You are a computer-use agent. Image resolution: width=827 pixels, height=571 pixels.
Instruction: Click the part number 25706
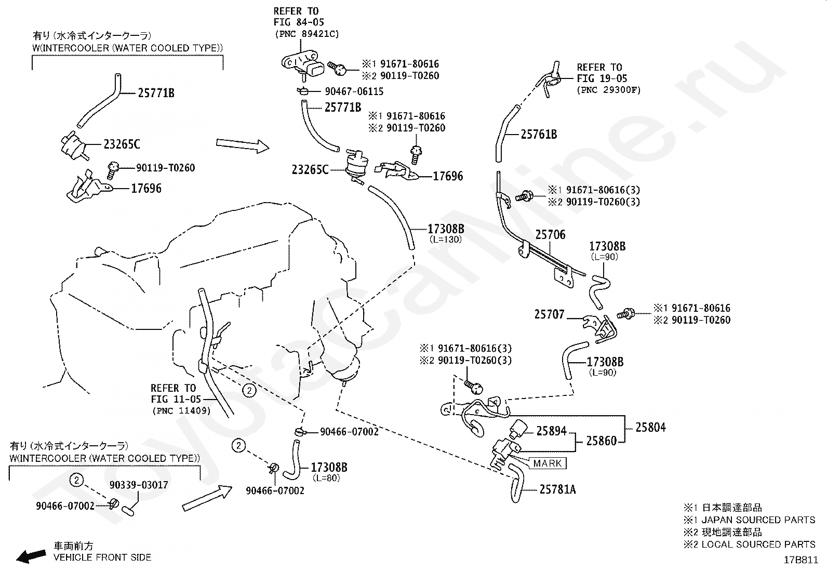[x=550, y=235]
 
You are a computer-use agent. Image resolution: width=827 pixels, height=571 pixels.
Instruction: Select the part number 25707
[x=549, y=314]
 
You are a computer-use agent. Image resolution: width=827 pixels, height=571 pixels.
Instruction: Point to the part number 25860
[x=602, y=441]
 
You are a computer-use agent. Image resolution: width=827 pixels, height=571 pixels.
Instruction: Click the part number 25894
[x=552, y=431]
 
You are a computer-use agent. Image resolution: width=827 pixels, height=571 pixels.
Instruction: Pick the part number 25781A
[x=557, y=489]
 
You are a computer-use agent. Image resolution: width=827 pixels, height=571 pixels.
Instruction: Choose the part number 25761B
[x=539, y=135]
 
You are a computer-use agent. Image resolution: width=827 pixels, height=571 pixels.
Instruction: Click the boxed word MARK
[x=548, y=463]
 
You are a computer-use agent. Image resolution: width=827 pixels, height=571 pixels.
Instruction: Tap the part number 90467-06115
[x=354, y=91]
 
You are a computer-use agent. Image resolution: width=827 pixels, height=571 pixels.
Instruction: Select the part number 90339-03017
[x=139, y=485]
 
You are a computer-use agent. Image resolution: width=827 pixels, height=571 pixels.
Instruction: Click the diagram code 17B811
[x=802, y=560]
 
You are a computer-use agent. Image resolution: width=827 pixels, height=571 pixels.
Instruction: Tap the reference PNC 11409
[x=181, y=410]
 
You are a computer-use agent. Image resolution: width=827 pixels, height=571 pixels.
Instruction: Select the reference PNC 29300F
[x=608, y=90]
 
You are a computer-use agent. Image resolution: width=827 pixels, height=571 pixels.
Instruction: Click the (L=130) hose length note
[x=445, y=240]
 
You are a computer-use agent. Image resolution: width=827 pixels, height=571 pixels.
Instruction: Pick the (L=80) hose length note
[x=326, y=478]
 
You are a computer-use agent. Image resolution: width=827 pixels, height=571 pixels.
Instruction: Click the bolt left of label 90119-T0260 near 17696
[x=113, y=168]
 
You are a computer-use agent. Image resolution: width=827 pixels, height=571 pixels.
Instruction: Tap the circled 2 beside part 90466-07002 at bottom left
[x=76, y=480]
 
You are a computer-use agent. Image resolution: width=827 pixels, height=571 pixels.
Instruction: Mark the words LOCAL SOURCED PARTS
[x=758, y=544]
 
